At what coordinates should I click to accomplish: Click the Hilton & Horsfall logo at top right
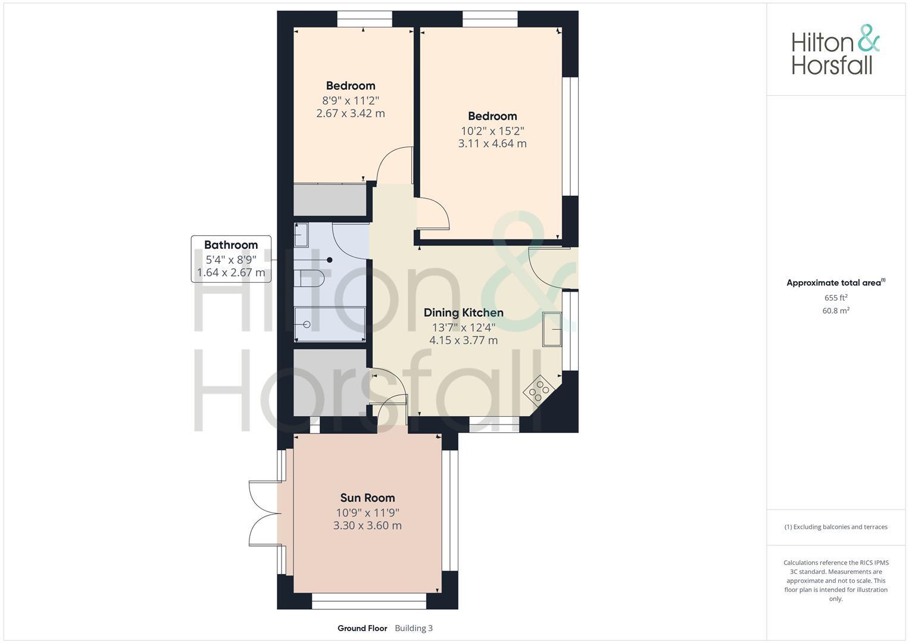coord(835,50)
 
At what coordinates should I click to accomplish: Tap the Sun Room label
coord(367,498)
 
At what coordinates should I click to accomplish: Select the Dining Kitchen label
coord(463,313)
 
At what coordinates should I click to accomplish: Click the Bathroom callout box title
coord(231,245)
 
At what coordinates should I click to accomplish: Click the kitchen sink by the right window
coord(552,329)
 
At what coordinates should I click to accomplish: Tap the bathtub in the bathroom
coord(329,324)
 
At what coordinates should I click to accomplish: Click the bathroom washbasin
coord(301,235)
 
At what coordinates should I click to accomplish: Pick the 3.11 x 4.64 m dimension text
coord(492,143)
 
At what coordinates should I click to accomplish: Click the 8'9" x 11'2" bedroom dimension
coord(351,100)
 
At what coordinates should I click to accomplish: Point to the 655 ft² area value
coord(836,298)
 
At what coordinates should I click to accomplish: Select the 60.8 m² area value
coord(836,310)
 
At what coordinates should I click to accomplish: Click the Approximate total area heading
coord(835,283)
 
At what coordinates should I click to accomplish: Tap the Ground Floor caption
coord(362,628)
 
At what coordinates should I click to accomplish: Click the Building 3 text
coord(414,628)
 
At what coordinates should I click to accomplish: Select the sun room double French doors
coord(263,513)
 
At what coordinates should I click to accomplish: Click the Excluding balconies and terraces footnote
coord(836,527)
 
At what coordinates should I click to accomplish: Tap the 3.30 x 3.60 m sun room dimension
coord(367,526)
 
